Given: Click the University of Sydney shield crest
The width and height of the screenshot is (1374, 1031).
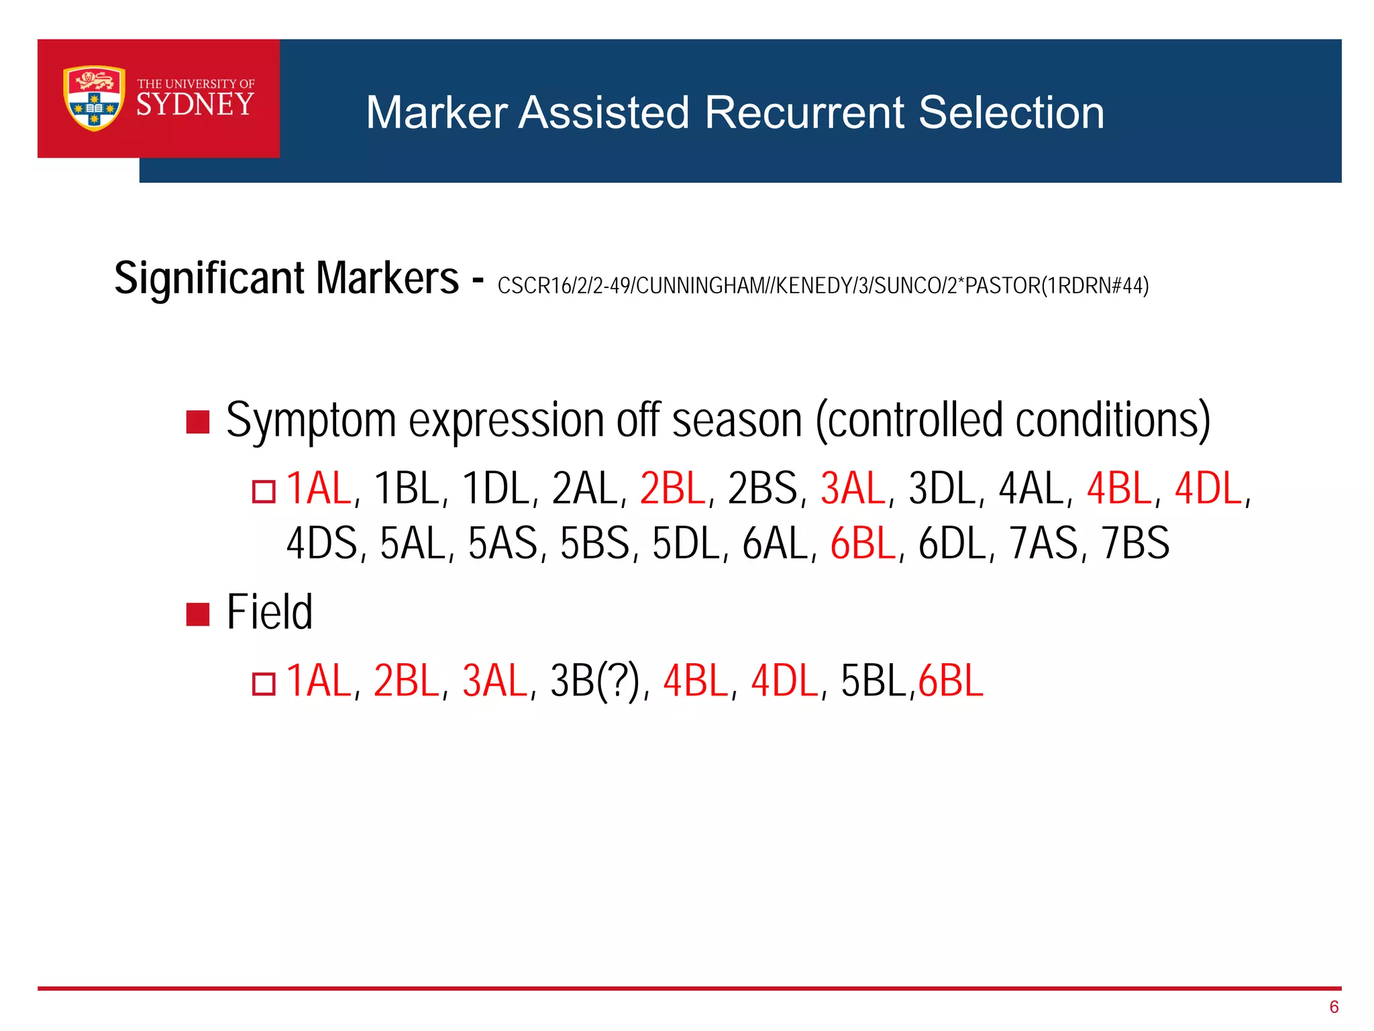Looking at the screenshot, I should pos(94,98).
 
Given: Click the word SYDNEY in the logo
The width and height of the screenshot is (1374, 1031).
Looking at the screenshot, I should pos(195,105).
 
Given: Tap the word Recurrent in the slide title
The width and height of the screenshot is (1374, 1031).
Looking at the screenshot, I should pos(804,112).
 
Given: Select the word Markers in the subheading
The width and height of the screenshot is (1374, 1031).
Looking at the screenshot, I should pos(387,278).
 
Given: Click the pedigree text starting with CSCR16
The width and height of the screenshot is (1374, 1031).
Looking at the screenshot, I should pos(823,286).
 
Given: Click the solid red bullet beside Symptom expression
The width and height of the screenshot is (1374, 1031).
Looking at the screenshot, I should pos(198,422).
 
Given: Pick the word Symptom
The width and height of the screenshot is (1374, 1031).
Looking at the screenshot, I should pos(311,421).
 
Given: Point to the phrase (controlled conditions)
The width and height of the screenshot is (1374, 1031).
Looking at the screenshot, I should pos(1013,421).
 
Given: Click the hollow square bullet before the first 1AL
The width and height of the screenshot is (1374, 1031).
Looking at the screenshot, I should pos(264,491).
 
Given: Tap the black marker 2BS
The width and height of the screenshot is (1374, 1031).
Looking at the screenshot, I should pos(762,489).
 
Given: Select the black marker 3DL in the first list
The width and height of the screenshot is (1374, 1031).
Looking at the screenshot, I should pos(941,489).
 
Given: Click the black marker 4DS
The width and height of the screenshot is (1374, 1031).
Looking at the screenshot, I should pos(321,544).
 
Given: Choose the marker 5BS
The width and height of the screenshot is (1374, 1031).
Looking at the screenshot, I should pos(594,544).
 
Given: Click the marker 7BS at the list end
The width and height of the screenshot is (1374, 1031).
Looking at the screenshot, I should pos(1135,544).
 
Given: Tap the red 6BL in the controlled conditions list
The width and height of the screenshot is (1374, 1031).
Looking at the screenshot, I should pos(863,544).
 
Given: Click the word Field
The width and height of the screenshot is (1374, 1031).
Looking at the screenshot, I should pos(270,612).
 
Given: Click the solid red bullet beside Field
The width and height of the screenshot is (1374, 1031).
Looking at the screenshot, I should pos(198,613).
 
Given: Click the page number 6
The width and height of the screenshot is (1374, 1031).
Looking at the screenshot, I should pos(1333,1007).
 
